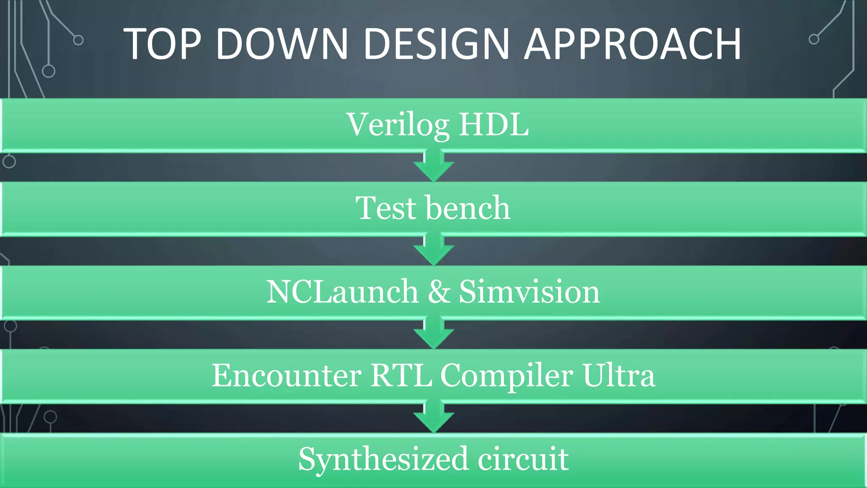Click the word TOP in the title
[x=162, y=44]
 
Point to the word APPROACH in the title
[x=632, y=44]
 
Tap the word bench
[x=468, y=208]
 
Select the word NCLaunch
[x=342, y=292]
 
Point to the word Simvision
[x=529, y=292]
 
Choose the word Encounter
[x=287, y=375]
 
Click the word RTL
[x=401, y=375]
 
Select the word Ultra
[x=618, y=375]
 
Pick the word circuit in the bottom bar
[x=523, y=459]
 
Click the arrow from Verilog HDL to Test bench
[x=434, y=166]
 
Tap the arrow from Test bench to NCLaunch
[x=434, y=250]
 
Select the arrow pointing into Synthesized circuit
[x=434, y=417]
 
